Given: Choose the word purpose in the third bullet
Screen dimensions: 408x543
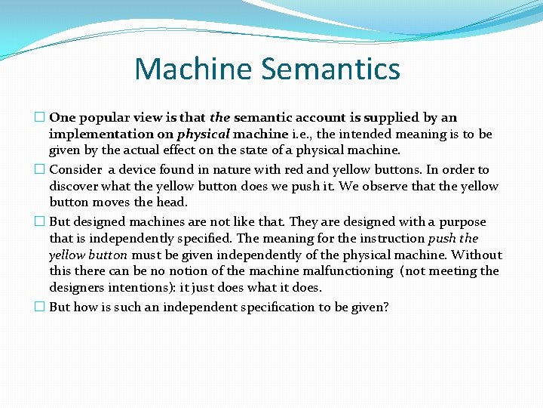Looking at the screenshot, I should [x=460, y=222].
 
